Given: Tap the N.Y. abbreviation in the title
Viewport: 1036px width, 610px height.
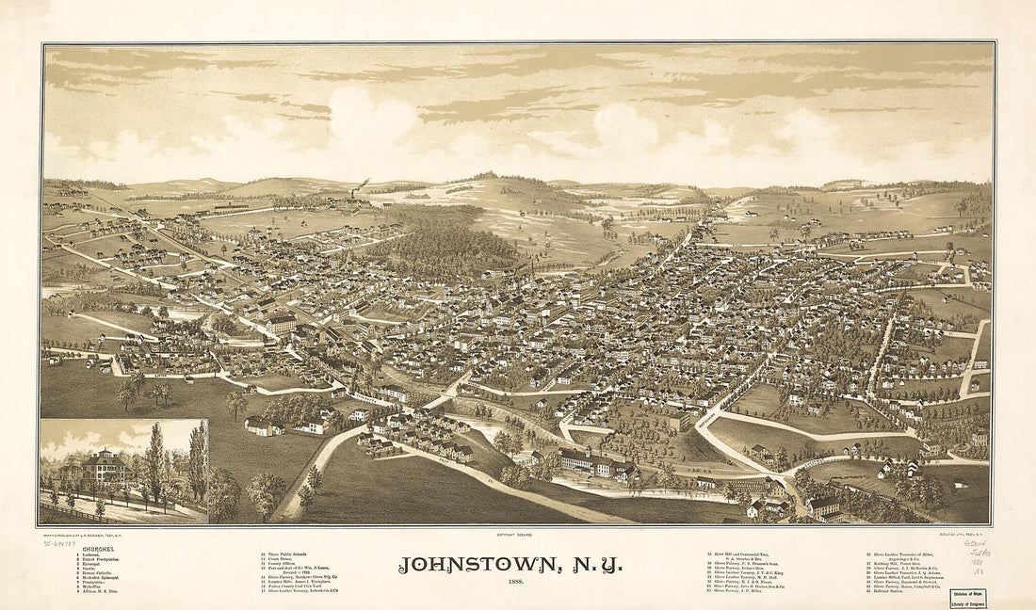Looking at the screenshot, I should pyautogui.click(x=589, y=565).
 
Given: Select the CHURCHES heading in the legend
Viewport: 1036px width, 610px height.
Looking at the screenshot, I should pyautogui.click(x=99, y=549).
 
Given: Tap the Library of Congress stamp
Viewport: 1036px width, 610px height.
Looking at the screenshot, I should pyautogui.click(x=968, y=602).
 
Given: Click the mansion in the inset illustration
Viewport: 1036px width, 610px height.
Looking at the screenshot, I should pyautogui.click(x=105, y=469).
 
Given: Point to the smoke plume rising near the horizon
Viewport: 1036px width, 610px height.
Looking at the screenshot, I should pyautogui.click(x=363, y=185).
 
